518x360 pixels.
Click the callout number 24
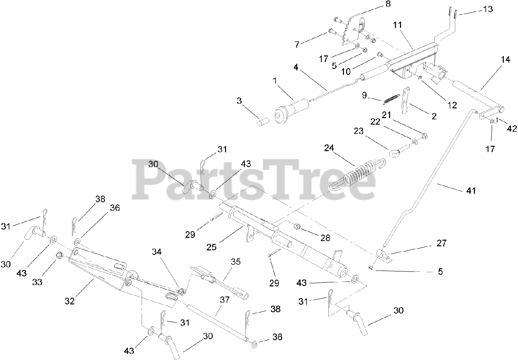pos(329,148)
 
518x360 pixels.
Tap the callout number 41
pos(471,190)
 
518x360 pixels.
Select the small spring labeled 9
pos(390,98)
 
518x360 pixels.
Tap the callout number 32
pos(70,301)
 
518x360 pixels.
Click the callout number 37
pos(225,300)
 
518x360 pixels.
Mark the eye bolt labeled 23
pos(395,152)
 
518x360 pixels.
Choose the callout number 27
pos(441,243)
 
